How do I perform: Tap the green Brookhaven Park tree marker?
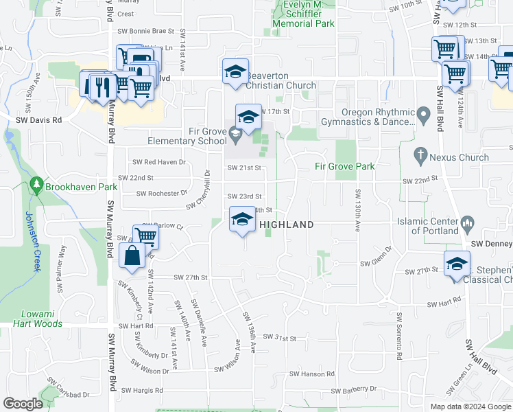[36, 185]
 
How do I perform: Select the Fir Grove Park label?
[344, 166]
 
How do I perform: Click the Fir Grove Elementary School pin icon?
[235, 133]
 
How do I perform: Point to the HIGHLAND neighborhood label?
[286, 225]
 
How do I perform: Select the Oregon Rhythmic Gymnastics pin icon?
[424, 113]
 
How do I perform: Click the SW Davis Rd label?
[39, 119]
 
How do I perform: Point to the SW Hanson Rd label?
[311, 374]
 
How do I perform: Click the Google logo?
[23, 404]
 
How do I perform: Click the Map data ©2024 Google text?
[470, 407]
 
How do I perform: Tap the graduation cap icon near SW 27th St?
[457, 264]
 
